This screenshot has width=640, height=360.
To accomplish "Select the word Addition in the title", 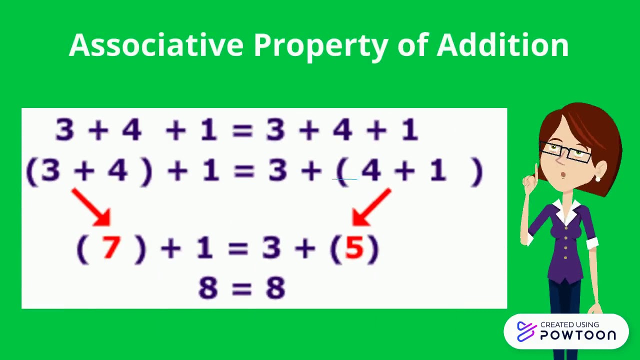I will point(502,45).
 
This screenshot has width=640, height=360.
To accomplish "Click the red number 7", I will point(111,247).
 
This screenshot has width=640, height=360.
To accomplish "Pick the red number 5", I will point(354,248).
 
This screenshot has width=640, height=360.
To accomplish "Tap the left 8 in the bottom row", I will point(207,288).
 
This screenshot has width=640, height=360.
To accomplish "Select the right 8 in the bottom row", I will point(275,288).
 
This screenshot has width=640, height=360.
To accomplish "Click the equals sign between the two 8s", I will point(241,288).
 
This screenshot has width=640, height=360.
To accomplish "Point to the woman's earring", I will point(597,178).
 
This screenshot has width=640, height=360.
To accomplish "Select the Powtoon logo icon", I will point(526,331).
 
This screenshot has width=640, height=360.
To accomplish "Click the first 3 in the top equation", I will point(65,130).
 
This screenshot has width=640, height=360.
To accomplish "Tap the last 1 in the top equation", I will point(409,130).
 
